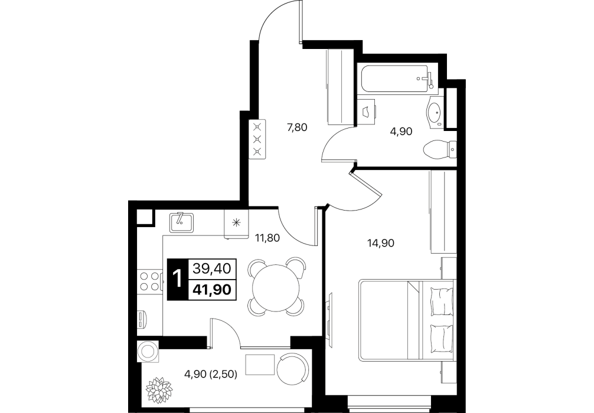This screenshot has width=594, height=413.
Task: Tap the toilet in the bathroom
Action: (439, 149)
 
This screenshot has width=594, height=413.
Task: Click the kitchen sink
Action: (182, 222)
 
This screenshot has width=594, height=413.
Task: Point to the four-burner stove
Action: (149, 281)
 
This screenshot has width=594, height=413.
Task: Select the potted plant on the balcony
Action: (159, 390)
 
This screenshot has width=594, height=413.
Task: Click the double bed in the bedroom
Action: (406, 320)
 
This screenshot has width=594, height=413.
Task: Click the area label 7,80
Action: (297, 127)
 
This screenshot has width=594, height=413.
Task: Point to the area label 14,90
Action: (381, 242)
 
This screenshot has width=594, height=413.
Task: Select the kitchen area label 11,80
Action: (267, 238)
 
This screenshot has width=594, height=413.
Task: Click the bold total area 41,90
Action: (212, 290)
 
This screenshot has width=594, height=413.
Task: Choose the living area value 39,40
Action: (212, 268)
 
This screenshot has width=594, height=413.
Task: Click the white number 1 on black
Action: (177, 279)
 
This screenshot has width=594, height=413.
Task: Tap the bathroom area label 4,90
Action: (401, 132)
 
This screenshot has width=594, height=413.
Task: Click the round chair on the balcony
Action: (292, 369)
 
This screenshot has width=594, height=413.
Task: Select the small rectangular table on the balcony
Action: (260, 365)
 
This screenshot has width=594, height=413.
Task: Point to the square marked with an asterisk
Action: (236, 224)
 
